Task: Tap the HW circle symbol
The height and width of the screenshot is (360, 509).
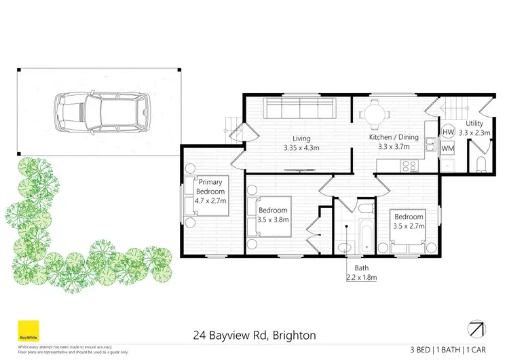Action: click(x=448, y=132)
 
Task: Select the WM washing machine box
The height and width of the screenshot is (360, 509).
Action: click(x=448, y=147)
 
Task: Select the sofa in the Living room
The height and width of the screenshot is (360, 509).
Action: click(x=299, y=107)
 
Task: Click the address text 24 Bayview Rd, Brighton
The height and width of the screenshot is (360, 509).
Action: click(x=254, y=336)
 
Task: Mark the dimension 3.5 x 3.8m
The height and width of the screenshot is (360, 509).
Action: click(x=274, y=219)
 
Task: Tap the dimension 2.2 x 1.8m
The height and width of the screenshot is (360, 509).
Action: click(x=360, y=277)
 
